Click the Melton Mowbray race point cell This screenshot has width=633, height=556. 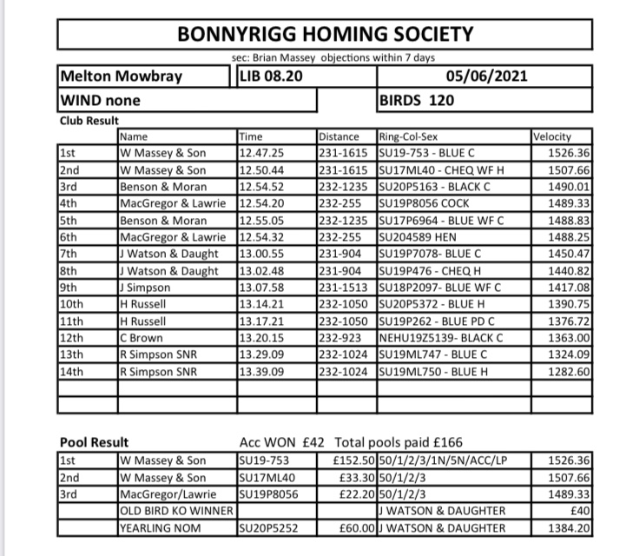click(x=121, y=76)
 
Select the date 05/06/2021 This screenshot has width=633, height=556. click(x=486, y=76)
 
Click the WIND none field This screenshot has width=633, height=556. click(x=100, y=100)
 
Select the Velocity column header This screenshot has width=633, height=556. click(x=552, y=136)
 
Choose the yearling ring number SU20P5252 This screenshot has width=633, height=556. click(x=272, y=527)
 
